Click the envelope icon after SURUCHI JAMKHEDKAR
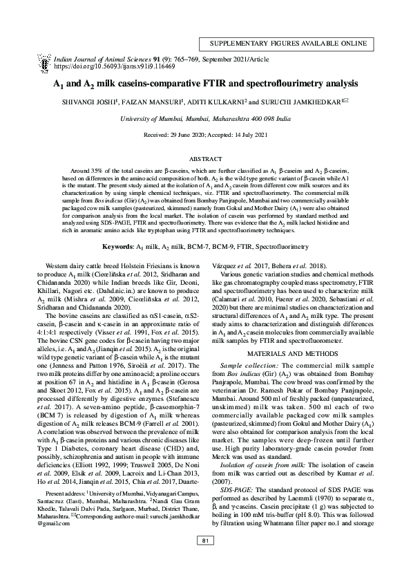tap(347, 102)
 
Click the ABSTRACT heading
tap(205, 159)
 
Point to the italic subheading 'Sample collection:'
tap(249, 364)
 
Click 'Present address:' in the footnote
tap(79, 514)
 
